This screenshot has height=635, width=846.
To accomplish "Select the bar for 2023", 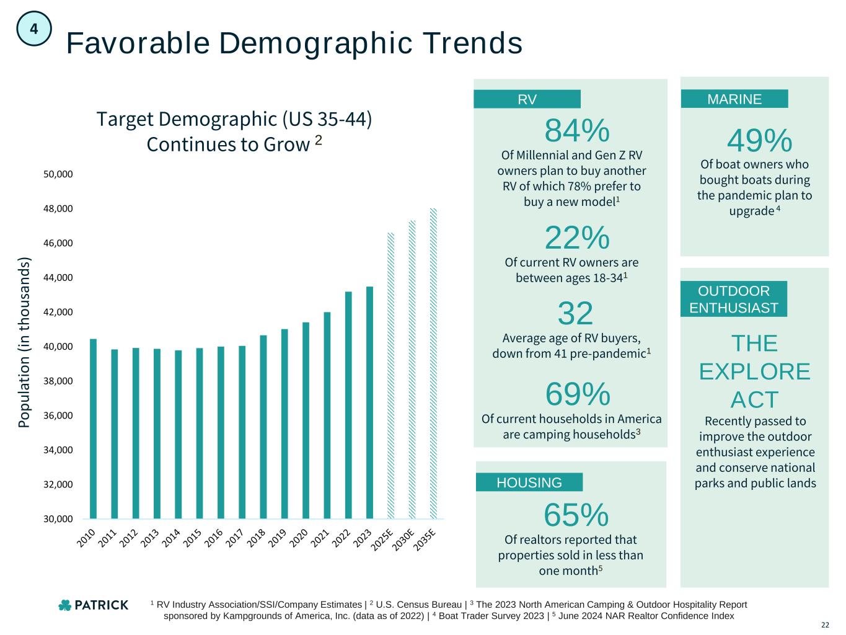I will pos(369,402).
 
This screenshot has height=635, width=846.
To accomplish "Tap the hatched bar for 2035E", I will pos(433,363).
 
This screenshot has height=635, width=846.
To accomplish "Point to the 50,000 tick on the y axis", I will pos(58,174).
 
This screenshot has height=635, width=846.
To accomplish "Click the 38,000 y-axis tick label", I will pos(58,381).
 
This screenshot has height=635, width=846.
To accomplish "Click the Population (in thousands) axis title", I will pos(24,342).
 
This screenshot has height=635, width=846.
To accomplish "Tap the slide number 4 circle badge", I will pos(34,29).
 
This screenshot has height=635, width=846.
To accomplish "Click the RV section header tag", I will pos(527,99).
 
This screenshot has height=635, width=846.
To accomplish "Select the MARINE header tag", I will pos(734,99).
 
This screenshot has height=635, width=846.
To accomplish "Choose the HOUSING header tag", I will pos(529,482).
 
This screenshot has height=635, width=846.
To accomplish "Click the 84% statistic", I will pos(576,131).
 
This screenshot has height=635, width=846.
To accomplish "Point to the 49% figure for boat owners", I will pos(759,141).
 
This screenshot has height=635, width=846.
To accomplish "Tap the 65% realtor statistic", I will pos(576,514).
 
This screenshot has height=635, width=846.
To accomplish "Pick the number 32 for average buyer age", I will pos(575,313).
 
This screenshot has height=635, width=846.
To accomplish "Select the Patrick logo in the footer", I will pos(93,605).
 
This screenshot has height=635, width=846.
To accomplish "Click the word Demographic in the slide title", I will pos(308,43).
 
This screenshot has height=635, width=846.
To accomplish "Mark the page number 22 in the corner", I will pos(825,624).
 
